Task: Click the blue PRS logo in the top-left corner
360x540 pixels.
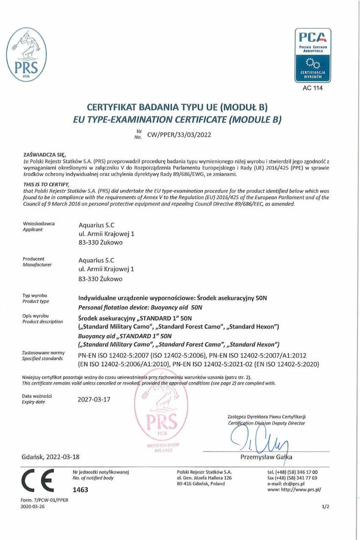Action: [x=26, y=55]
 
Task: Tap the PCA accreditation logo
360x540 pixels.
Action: [x=313, y=55]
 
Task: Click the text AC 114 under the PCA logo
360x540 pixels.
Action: [x=313, y=88]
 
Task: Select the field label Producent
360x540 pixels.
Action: [x=33, y=259]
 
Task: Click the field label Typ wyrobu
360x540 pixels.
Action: [x=35, y=295]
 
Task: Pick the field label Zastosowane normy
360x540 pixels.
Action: [x=43, y=353]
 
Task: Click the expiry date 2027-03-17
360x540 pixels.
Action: [x=94, y=399]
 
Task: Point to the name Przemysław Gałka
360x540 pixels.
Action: [x=266, y=457]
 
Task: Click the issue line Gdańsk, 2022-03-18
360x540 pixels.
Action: [x=50, y=457]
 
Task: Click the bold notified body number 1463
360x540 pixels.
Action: [x=80, y=490]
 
